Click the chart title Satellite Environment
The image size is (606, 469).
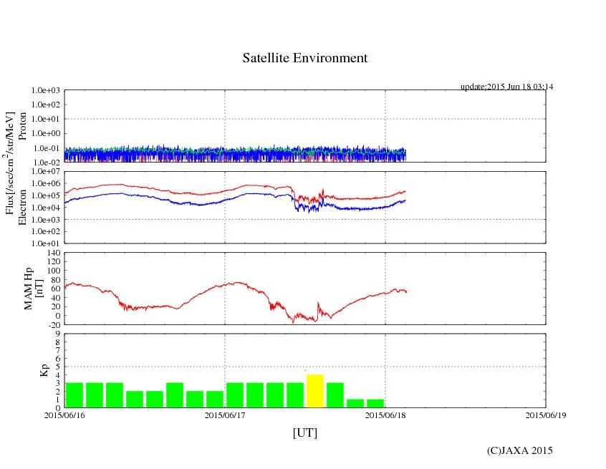(305, 58)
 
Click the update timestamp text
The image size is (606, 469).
(506, 87)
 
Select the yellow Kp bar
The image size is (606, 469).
(315, 391)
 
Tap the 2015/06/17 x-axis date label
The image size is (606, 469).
(225, 414)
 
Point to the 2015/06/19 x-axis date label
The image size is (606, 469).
(545, 414)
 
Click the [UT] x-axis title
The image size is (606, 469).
(305, 432)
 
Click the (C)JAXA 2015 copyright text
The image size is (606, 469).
(520, 450)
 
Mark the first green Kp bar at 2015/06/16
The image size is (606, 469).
(74, 395)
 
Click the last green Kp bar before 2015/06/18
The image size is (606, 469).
(375, 403)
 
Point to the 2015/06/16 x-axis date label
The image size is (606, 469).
(64, 414)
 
